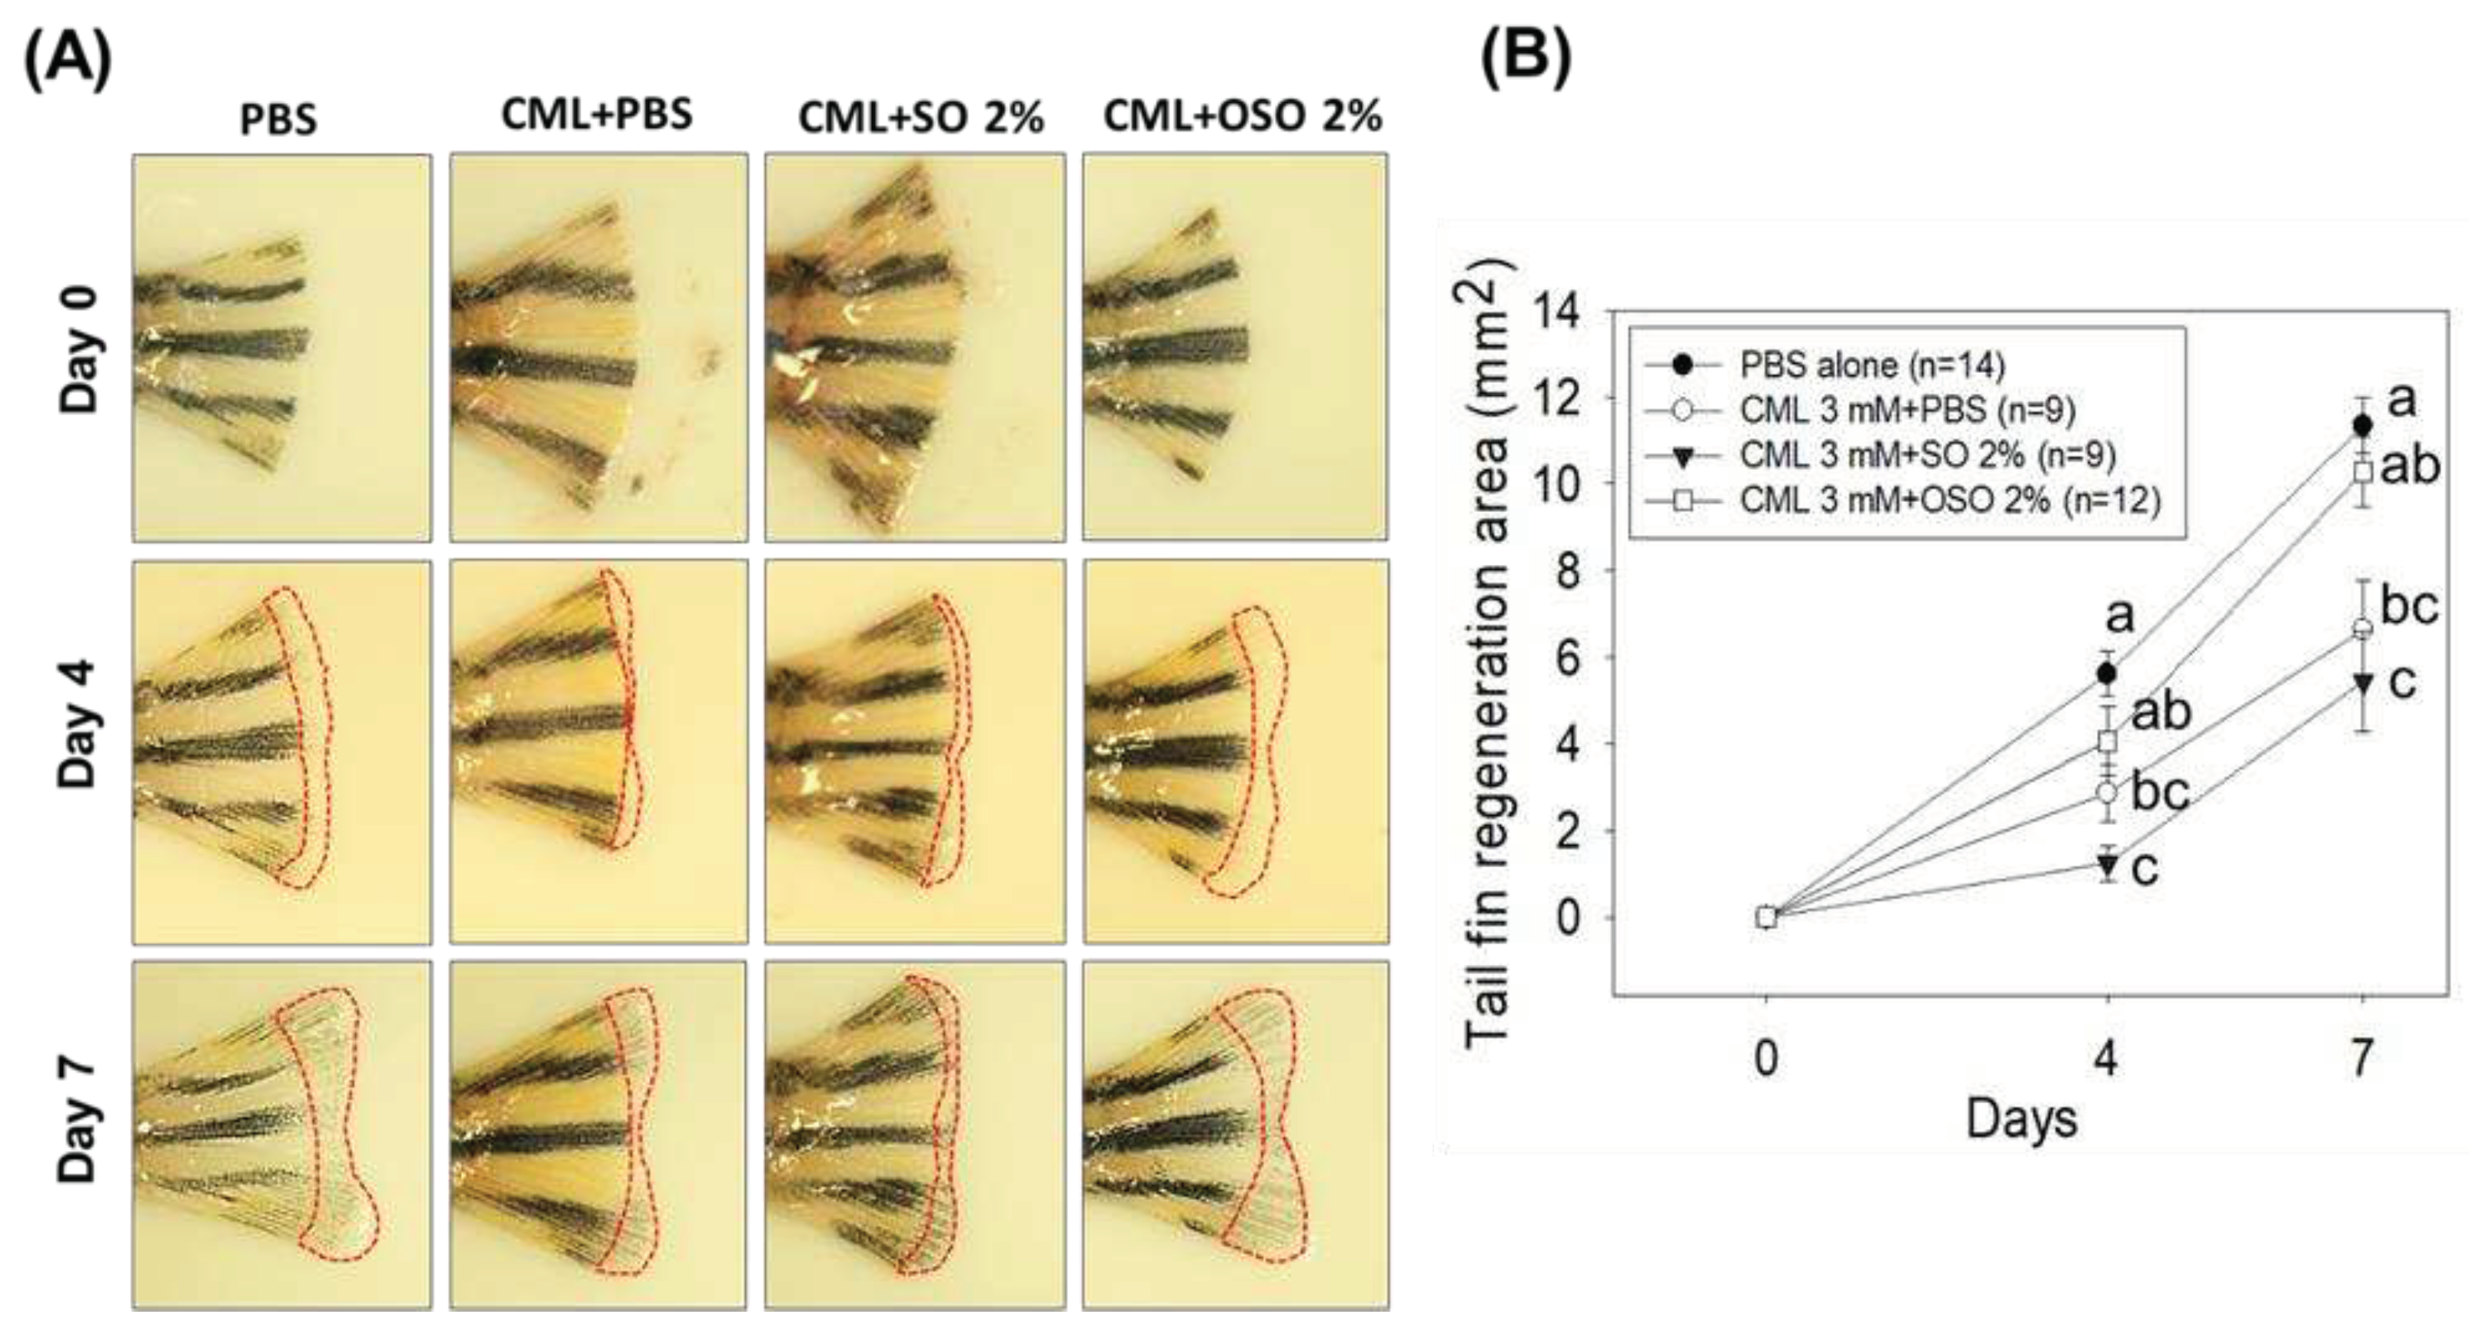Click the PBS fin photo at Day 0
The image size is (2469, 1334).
click(281, 347)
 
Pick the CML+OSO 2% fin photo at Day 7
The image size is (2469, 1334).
click(1235, 1135)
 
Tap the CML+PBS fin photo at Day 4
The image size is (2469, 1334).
click(598, 751)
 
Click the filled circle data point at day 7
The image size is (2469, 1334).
click(2363, 424)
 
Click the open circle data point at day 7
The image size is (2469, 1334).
click(2363, 629)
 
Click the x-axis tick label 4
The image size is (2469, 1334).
click(2106, 1058)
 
